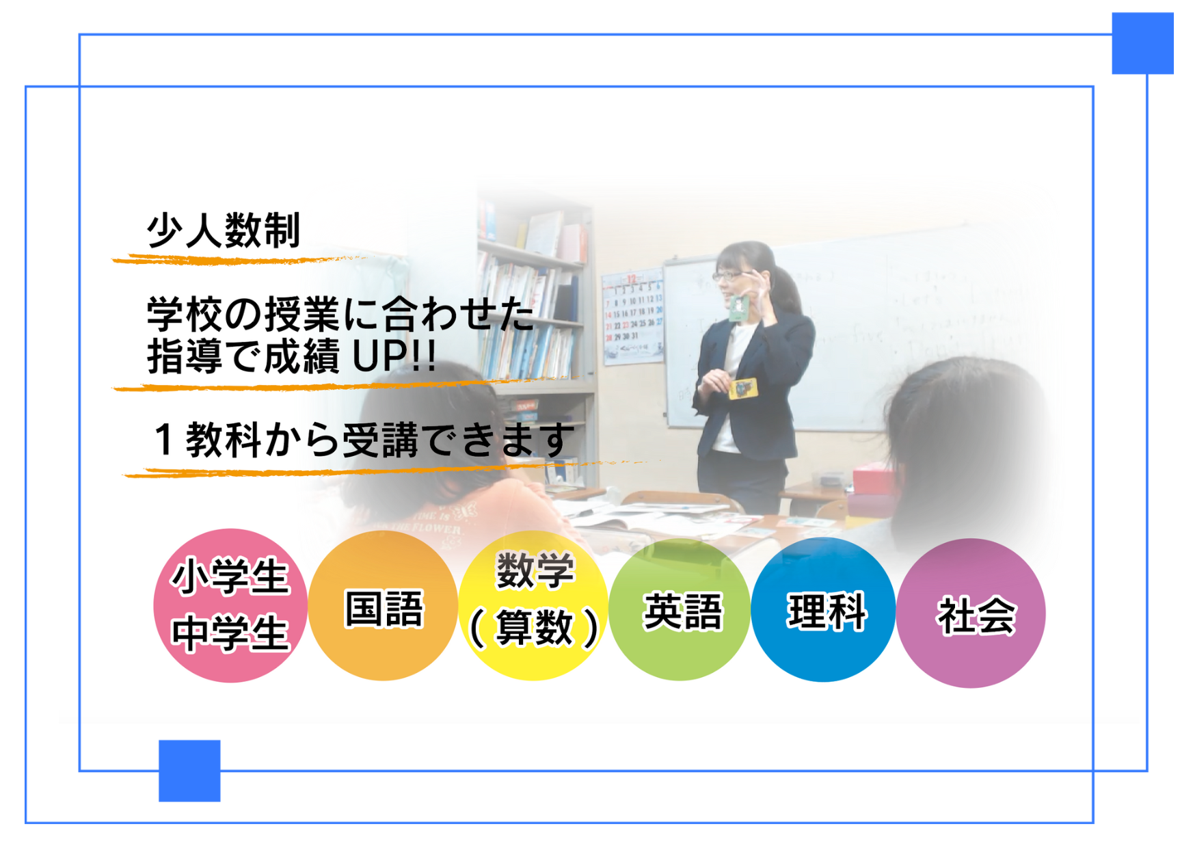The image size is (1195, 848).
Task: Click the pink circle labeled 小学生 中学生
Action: [x=230, y=605]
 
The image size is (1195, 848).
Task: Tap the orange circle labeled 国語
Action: [x=383, y=606]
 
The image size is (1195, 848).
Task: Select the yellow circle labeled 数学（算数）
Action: [x=533, y=605]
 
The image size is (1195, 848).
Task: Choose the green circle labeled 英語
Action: [x=680, y=609]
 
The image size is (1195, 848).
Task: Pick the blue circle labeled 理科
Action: [x=824, y=609]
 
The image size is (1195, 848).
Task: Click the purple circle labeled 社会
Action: [x=971, y=613]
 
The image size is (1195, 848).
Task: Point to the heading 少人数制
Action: [x=224, y=230]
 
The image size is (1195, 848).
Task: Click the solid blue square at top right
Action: [x=1142, y=43]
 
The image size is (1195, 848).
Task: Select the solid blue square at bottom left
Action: [x=189, y=771]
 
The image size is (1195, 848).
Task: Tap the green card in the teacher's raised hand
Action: [x=738, y=308]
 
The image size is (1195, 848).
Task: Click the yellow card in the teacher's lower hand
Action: [x=743, y=388]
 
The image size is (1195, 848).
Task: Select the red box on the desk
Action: [x=868, y=479]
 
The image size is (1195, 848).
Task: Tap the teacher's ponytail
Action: [x=786, y=291]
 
